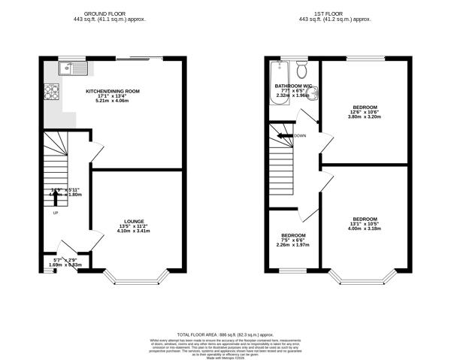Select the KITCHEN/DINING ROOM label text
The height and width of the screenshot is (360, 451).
tap(112, 90)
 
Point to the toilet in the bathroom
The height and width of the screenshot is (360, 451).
tap(301, 71)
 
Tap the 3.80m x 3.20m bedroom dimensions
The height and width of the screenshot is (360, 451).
tap(365, 118)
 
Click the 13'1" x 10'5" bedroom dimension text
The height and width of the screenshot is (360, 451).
tap(365, 224)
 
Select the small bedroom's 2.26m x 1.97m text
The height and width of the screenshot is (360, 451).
tap(292, 245)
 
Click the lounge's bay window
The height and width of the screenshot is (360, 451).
tap(136, 277)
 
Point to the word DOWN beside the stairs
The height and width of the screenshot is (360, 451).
tap(300, 136)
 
